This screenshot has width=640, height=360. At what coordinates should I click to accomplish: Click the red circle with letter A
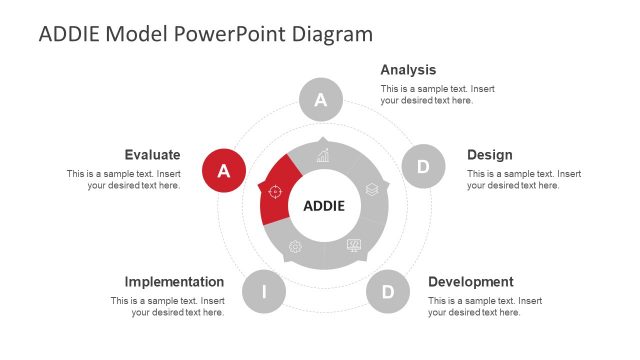point(224,170)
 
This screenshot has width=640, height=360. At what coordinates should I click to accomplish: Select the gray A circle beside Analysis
point(321,99)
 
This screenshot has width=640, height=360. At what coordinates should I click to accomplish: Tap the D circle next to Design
point(423,166)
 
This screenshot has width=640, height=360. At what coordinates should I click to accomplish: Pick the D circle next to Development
point(388,292)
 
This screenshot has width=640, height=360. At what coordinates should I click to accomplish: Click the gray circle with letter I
point(264,292)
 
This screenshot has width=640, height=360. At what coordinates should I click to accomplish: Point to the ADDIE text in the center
point(323,206)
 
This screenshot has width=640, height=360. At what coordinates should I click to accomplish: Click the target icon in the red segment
point(275,191)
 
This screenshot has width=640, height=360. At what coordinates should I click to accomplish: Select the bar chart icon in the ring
point(323,155)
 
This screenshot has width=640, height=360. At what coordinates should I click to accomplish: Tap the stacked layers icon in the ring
point(371,189)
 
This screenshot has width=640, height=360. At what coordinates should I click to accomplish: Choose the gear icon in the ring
point(294,246)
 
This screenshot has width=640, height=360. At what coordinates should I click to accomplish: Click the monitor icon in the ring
point(353,246)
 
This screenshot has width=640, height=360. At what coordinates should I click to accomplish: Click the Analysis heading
point(408,70)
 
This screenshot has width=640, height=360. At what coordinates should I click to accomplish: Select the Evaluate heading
point(152,155)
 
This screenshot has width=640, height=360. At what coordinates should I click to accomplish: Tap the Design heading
point(489,155)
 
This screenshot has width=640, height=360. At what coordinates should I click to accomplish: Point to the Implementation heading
point(174,282)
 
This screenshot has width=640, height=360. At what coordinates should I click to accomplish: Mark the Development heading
point(470,282)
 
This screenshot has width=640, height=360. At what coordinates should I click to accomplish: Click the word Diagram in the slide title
point(332,33)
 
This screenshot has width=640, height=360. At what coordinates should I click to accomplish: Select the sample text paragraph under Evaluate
point(124,179)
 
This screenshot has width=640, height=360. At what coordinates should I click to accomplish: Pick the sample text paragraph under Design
point(524,179)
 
